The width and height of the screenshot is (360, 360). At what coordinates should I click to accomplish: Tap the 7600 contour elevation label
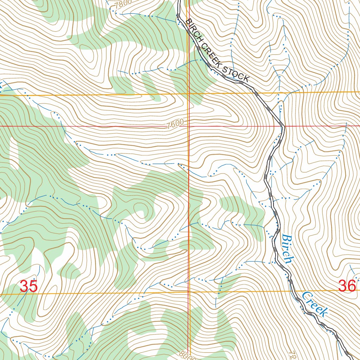click(x=175, y=124)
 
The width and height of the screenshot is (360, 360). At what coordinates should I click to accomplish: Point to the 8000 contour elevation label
click(x=189, y=355)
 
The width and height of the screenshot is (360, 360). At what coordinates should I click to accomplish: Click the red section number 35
click(x=28, y=286)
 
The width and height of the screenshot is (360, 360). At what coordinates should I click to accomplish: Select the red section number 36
click(x=347, y=286)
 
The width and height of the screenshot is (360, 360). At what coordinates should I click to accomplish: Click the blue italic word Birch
click(x=287, y=249)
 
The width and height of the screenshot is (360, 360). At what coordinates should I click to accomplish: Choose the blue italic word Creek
click(x=315, y=303)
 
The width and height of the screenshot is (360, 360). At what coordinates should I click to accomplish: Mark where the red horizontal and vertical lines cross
click(x=188, y=126)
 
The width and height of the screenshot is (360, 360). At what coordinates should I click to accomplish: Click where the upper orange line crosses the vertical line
click(x=189, y=94)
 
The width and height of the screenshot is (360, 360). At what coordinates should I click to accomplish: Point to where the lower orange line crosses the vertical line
click(x=189, y=291)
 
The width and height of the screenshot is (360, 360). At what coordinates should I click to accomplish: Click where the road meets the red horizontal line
click(x=282, y=126)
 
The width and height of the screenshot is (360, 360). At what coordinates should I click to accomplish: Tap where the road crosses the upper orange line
click(x=255, y=93)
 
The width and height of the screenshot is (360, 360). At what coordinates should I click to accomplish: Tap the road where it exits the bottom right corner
click(x=352, y=357)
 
